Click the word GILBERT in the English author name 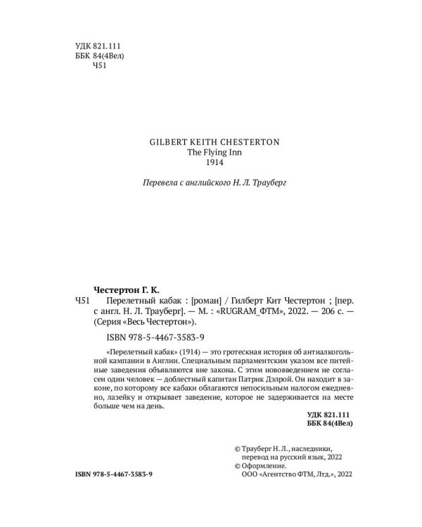pos(167,141)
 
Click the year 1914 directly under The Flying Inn pos(215,163)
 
